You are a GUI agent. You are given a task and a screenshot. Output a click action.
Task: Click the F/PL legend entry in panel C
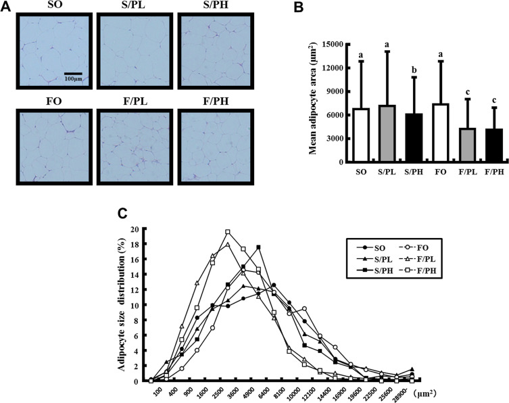(x=420, y=256)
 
